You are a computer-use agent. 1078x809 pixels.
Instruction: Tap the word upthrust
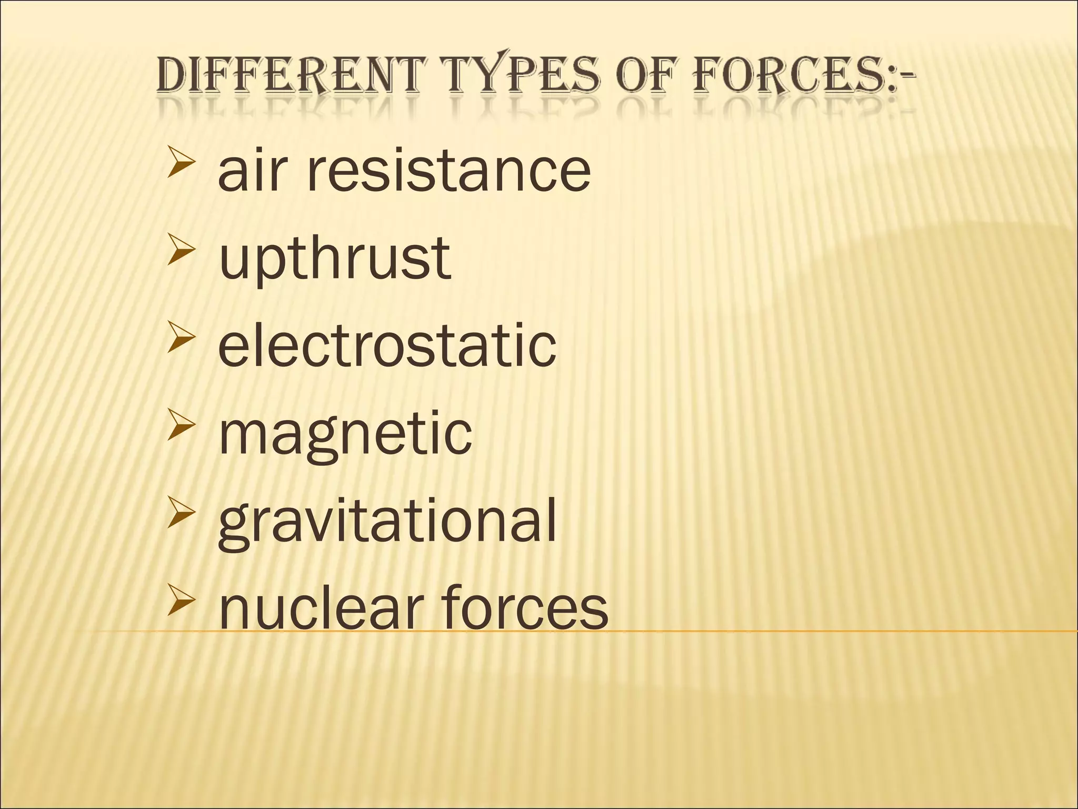tap(335, 259)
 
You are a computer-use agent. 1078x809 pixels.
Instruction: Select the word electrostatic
tap(387, 346)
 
